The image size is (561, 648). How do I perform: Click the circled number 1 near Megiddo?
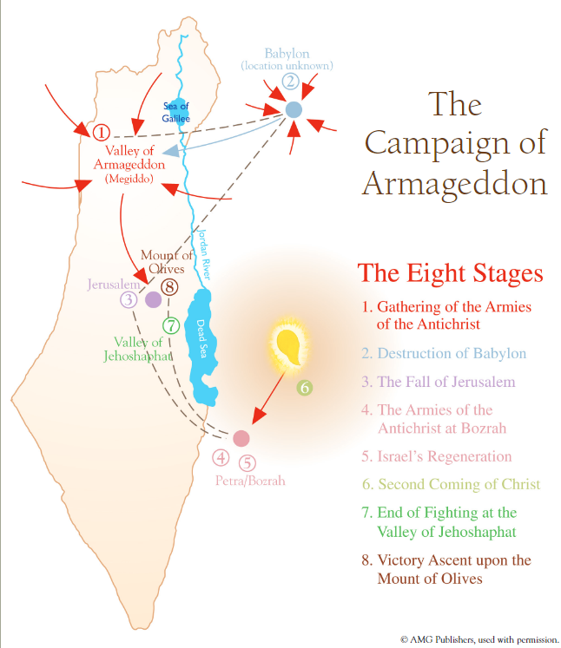pyautogui.click(x=101, y=132)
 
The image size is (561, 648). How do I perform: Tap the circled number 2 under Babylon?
pyautogui.click(x=290, y=82)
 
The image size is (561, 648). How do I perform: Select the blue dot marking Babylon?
pyautogui.click(x=294, y=110)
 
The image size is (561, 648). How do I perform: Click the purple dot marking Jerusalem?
pyautogui.click(x=153, y=299)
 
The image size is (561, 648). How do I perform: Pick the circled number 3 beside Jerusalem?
pyautogui.click(x=129, y=299)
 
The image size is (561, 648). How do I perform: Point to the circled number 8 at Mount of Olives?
pyautogui.click(x=169, y=287)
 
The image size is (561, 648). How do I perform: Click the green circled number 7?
pyautogui.click(x=171, y=325)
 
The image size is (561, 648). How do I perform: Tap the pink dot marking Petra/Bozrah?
pyautogui.click(x=241, y=438)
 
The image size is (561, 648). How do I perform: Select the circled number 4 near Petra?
pyautogui.click(x=221, y=457)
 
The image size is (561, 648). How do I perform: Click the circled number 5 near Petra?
pyautogui.click(x=247, y=463)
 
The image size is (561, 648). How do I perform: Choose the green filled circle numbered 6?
pyautogui.click(x=305, y=388)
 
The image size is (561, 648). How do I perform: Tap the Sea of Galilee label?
pyautogui.click(x=175, y=112)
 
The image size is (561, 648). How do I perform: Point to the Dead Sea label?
pyautogui.click(x=201, y=338)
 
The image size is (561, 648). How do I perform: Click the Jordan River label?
pyautogui.click(x=205, y=254)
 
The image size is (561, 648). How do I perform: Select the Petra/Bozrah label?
pyautogui.click(x=250, y=481)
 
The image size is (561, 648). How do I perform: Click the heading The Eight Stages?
pyautogui.click(x=450, y=273)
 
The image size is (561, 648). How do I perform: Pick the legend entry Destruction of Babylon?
pyautogui.click(x=444, y=353)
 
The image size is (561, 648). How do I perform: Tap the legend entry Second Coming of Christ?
pyautogui.click(x=452, y=484)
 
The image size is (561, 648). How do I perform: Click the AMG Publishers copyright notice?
pyautogui.click(x=479, y=639)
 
